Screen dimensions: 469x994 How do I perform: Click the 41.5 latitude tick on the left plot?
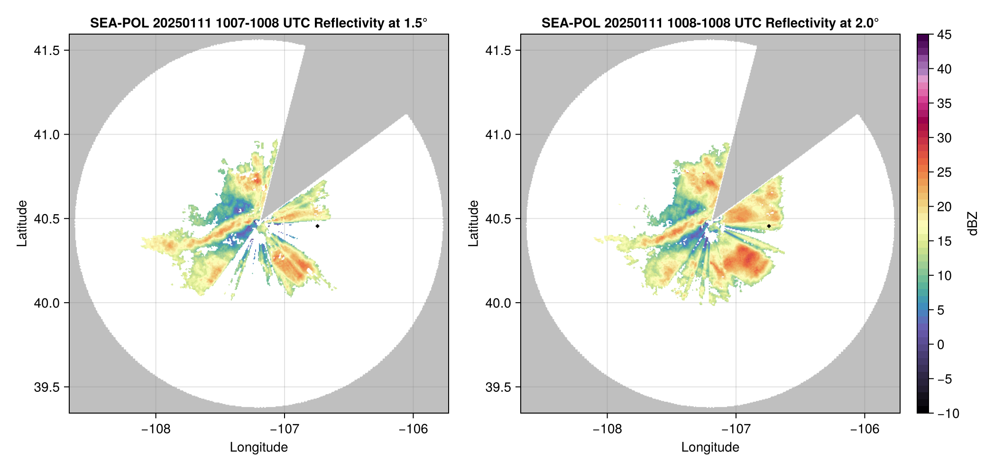click(x=46, y=51)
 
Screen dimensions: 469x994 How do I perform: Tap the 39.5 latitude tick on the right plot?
click(x=498, y=388)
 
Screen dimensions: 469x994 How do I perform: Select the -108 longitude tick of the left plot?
click(x=156, y=429)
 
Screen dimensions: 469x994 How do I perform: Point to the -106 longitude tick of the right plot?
click(x=865, y=429)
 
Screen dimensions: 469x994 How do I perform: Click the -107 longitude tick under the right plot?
click(x=736, y=429)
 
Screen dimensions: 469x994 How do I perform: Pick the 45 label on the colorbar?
click(x=944, y=35)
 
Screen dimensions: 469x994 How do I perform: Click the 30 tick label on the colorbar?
click(x=944, y=138)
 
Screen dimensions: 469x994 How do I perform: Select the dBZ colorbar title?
click(x=973, y=224)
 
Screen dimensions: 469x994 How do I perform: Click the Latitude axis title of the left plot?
click(x=22, y=224)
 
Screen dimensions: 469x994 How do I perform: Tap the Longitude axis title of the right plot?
click(x=710, y=447)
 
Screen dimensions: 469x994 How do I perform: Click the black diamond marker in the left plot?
click(x=317, y=226)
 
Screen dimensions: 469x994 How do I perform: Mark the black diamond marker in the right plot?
click(x=769, y=226)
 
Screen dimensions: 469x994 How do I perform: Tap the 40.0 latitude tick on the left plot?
click(x=46, y=303)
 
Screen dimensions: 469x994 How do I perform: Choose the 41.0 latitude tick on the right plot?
click(x=498, y=135)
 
